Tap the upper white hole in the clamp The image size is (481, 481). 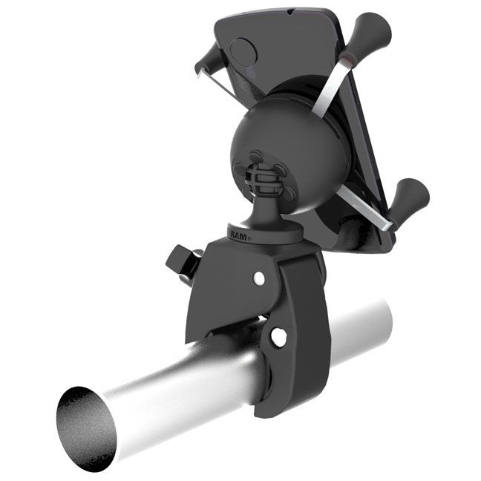[x=258, y=278]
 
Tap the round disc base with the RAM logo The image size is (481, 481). [x=260, y=232]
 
